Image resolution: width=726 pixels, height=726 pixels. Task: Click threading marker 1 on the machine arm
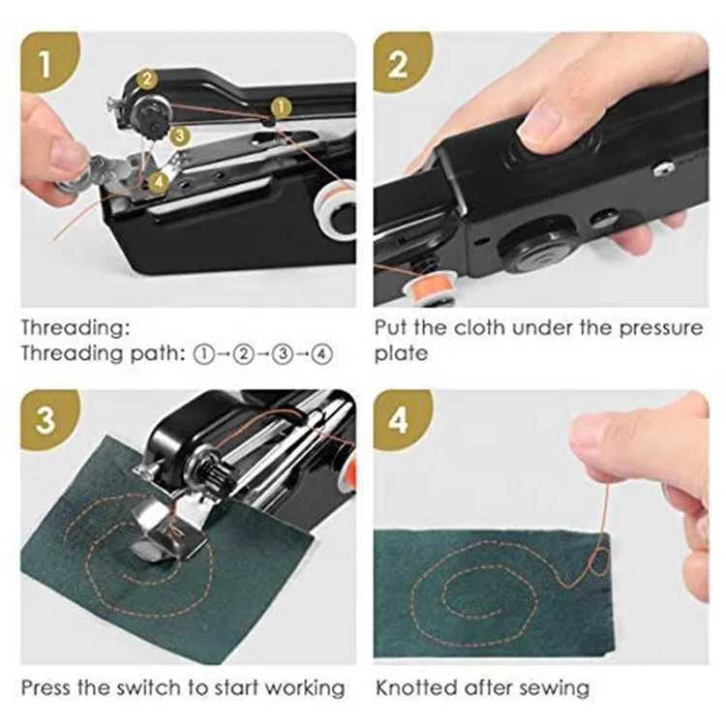pos(280,105)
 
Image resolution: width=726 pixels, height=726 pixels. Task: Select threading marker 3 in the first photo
pos(179,136)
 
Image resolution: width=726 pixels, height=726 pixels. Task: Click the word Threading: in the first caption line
pos(74,328)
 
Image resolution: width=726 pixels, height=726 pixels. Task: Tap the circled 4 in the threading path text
pos(322,353)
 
